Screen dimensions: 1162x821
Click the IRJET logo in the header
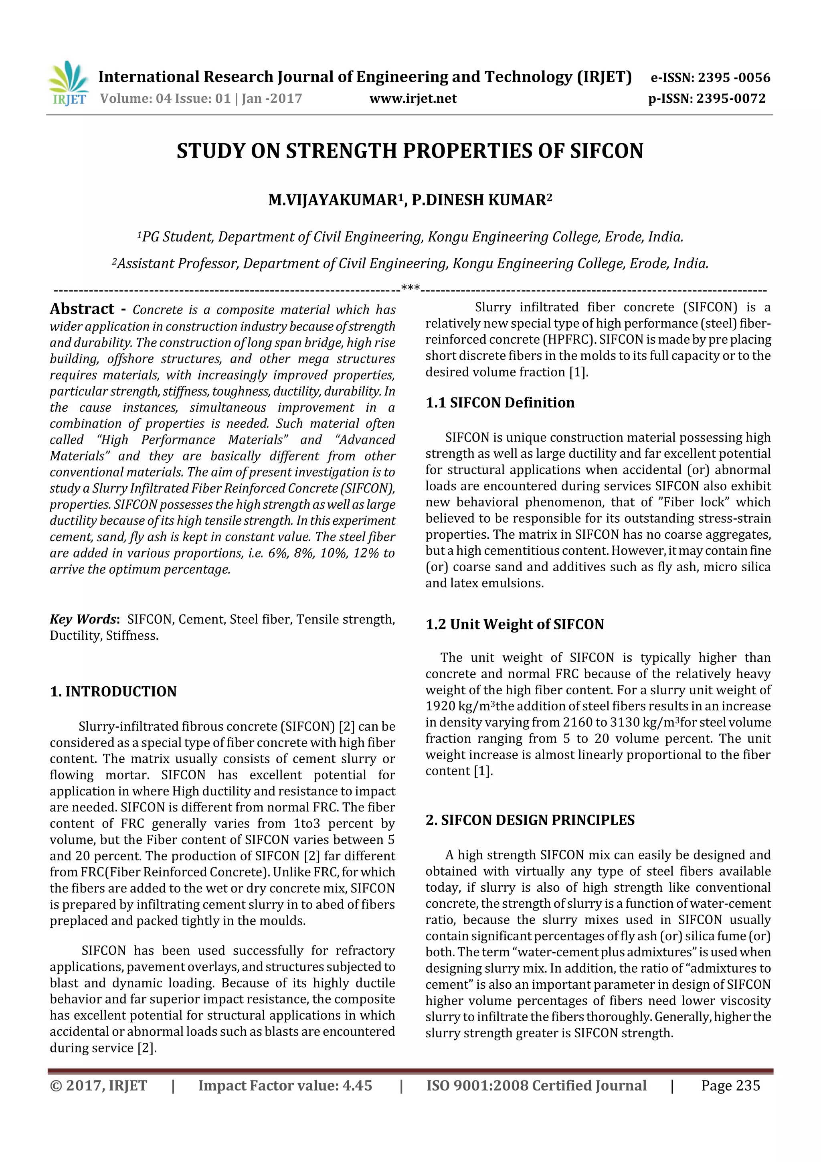(68, 83)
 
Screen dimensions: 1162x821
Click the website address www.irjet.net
(413, 98)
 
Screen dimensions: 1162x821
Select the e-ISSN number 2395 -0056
(734, 77)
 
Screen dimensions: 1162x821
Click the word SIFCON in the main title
(606, 151)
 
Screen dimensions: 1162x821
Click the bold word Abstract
(82, 309)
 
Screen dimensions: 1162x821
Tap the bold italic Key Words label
(83, 619)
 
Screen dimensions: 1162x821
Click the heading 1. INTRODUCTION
(113, 692)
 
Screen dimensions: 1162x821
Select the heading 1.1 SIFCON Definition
(500, 402)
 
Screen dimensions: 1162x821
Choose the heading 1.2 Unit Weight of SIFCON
(514, 624)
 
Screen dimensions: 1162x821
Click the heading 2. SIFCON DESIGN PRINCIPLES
(530, 820)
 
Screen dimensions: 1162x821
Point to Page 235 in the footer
(730, 1085)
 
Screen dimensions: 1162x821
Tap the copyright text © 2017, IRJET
(98, 1085)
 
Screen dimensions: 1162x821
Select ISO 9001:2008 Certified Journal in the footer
(536, 1085)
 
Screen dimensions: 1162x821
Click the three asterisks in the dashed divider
(410, 288)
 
